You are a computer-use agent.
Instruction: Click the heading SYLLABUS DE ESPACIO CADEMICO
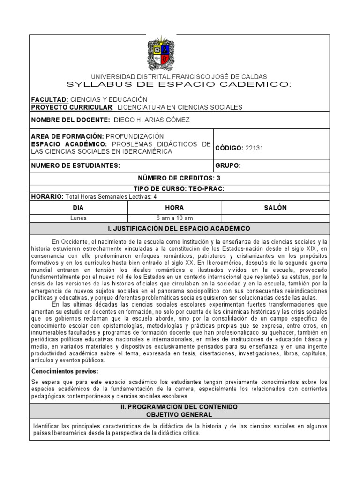179,84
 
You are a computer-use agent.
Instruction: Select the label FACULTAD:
50,100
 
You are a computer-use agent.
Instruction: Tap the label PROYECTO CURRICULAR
71,107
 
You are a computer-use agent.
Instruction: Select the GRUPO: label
228,165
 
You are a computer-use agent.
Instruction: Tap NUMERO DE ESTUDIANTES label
75,165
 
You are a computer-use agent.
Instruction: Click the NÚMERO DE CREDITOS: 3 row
179,178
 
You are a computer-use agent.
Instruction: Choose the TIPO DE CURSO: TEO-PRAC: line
179,189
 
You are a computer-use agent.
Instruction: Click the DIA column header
78,208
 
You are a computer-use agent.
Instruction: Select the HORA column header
174,208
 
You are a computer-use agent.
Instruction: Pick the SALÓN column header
275,208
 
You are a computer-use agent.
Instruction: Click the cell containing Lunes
78,218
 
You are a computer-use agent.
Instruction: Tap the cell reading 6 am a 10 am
174,218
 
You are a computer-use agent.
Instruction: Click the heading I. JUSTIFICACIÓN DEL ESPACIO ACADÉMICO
179,229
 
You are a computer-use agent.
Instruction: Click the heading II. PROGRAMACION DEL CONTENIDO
179,407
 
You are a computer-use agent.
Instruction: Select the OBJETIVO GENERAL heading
179,415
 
